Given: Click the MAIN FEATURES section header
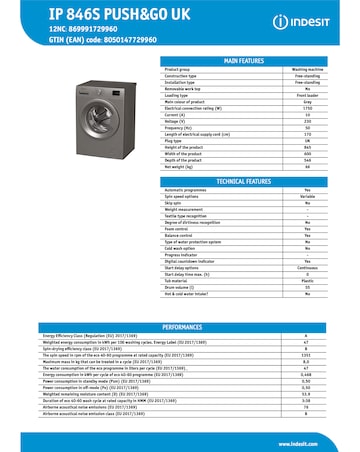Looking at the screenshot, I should tap(243, 60).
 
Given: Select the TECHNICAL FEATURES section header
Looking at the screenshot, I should tap(243, 180).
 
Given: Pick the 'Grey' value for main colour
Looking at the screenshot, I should tap(307, 101).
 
